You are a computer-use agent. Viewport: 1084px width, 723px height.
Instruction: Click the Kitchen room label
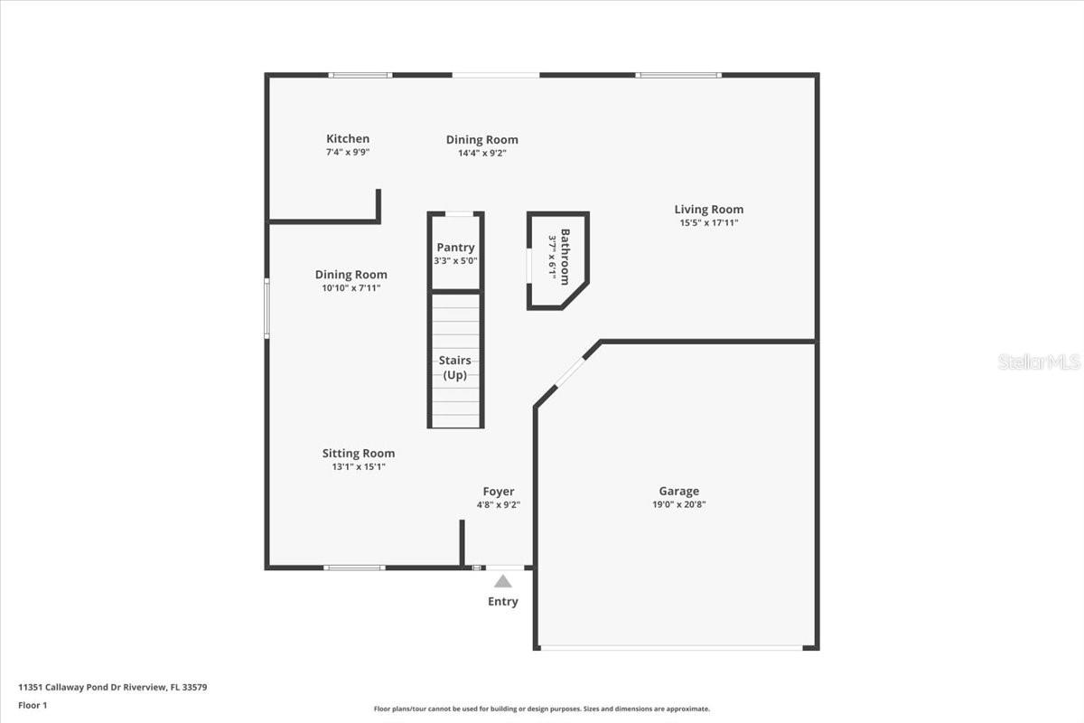click(x=348, y=138)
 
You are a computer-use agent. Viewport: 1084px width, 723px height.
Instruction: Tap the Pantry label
click(x=455, y=248)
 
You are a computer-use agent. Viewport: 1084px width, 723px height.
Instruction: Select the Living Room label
click(x=709, y=210)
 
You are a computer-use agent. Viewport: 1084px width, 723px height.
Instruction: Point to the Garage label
click(x=678, y=492)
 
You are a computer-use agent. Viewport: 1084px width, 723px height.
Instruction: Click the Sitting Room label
click(x=359, y=454)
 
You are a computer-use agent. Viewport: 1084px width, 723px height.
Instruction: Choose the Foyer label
click(x=499, y=492)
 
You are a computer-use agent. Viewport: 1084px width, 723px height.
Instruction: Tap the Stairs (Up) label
click(x=455, y=368)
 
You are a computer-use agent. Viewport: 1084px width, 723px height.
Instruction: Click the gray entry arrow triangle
click(x=503, y=582)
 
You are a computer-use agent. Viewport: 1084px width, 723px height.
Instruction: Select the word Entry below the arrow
click(x=503, y=602)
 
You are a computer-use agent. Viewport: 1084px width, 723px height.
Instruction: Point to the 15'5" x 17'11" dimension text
click(x=709, y=222)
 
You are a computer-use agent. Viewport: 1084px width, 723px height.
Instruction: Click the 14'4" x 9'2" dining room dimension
click(x=481, y=153)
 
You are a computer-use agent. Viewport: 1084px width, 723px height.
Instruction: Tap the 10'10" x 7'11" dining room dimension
click(x=351, y=288)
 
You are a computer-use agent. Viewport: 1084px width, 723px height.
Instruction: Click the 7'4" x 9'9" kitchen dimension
click(x=348, y=152)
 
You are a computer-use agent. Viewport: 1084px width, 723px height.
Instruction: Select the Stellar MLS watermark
click(x=1039, y=361)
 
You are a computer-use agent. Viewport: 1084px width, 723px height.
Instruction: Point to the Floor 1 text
click(x=33, y=705)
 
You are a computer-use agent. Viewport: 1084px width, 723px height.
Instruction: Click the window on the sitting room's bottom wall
click(x=355, y=568)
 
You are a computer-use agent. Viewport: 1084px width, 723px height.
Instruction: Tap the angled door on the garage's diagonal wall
click(x=569, y=372)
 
